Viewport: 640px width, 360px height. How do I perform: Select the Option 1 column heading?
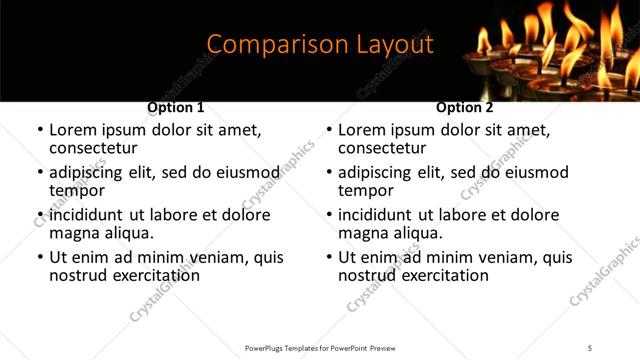point(175,107)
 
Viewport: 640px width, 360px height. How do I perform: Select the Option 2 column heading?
point(464,107)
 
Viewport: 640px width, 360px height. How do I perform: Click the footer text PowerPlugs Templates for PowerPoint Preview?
point(319,348)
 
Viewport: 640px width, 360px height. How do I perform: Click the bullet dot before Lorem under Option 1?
point(40,131)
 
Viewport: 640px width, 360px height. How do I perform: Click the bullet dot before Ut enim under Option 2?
point(329,257)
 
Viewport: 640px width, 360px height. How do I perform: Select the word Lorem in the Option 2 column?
point(362,130)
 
